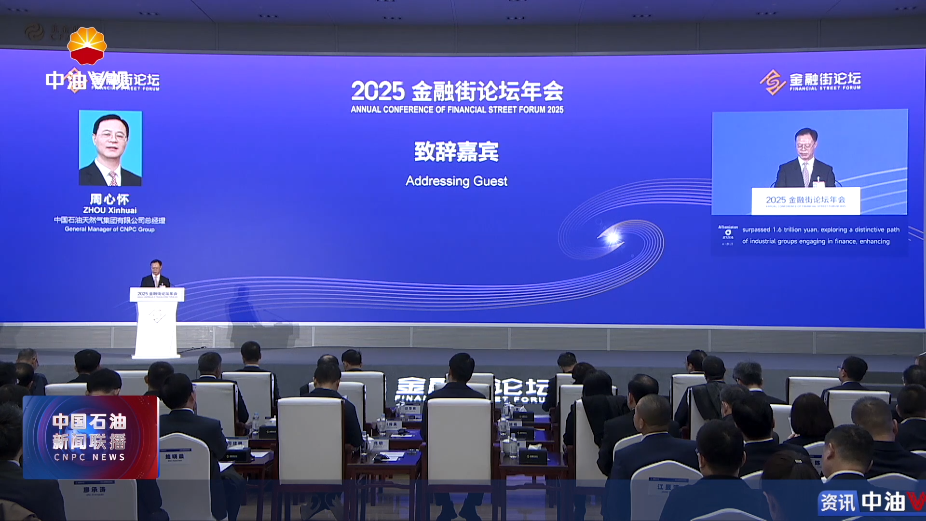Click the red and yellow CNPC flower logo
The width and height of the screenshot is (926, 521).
click(x=87, y=46)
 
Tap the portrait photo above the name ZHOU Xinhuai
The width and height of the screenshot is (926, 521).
click(x=110, y=148)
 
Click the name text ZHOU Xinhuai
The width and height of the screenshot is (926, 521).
click(x=110, y=210)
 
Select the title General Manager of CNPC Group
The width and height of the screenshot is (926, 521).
click(x=109, y=230)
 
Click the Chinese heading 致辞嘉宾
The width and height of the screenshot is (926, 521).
click(x=456, y=151)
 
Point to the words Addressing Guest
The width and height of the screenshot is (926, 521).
click(x=456, y=181)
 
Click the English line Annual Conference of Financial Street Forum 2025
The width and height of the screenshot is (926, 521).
click(x=457, y=110)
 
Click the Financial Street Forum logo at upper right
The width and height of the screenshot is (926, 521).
click(x=810, y=82)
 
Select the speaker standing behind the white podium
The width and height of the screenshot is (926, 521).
click(x=156, y=274)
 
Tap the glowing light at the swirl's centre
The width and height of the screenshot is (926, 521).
click(x=613, y=237)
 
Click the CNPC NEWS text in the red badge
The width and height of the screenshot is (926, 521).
click(x=90, y=457)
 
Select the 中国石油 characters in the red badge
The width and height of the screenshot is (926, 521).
click(x=90, y=422)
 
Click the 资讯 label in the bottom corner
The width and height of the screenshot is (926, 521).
click(x=838, y=503)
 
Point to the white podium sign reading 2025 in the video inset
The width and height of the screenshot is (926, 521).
click(x=805, y=200)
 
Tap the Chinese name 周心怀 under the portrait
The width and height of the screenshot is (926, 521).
click(x=109, y=199)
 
